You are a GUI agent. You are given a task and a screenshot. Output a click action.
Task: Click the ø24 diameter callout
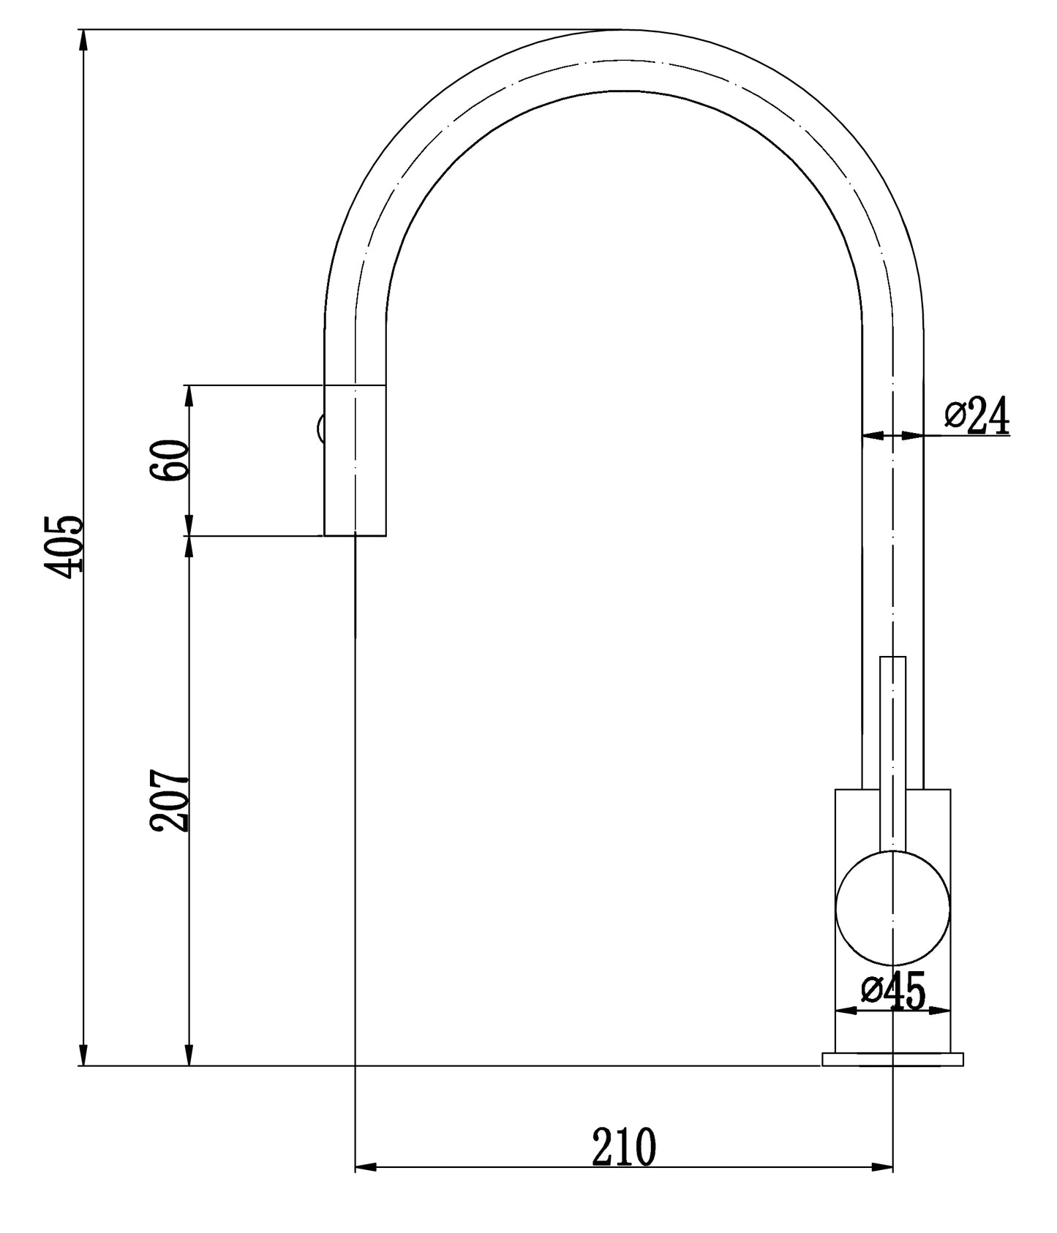[977, 417]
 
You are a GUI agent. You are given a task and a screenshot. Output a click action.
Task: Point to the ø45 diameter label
[893, 991]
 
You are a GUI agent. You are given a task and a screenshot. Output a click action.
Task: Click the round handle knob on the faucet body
[892, 908]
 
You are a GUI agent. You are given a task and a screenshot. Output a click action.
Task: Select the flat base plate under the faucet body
[892, 1059]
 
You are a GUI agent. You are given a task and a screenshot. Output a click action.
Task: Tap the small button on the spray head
[320, 428]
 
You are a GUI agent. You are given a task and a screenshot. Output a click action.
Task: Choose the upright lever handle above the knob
[892, 746]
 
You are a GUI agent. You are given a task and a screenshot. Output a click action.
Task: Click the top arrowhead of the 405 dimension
[83, 40]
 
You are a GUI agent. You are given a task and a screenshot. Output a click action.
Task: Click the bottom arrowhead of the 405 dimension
[83, 1055]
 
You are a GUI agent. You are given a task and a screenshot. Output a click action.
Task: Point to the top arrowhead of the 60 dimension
[189, 396]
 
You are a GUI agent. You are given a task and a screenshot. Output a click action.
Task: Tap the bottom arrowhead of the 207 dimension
[189, 1055]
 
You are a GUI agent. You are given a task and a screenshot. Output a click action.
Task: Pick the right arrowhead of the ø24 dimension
[912, 435]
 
